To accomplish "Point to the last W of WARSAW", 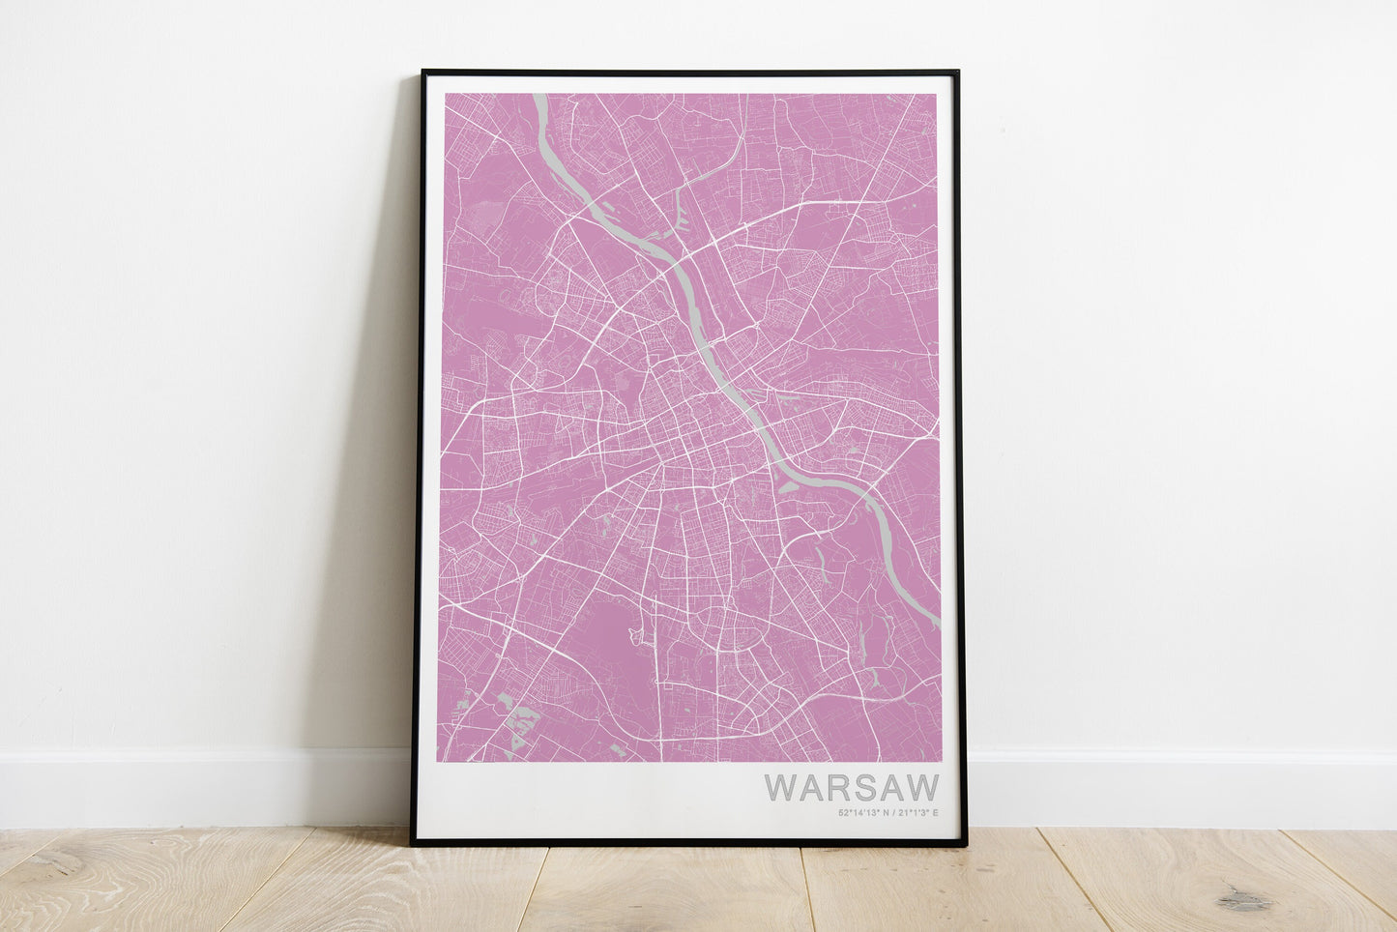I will pyautogui.click(x=922, y=787).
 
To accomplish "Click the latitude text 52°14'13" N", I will pyautogui.click(x=863, y=812).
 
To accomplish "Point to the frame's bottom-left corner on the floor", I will pyautogui.click(x=413, y=843).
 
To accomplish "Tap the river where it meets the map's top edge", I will pyautogui.click(x=538, y=97).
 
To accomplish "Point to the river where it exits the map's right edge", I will pyautogui.click(x=936, y=624).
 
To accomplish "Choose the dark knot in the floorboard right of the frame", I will pyautogui.click(x=1243, y=901).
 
